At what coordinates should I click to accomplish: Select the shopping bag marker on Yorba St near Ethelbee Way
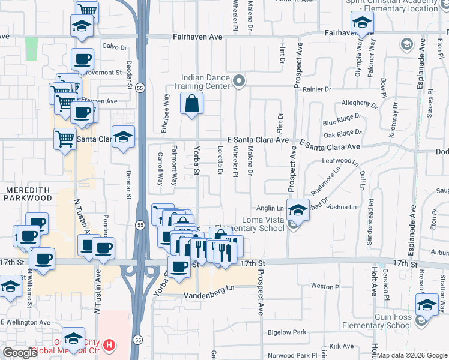pos(191,103)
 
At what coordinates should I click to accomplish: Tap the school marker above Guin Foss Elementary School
pos(427,304)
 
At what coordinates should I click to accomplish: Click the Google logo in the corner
pos(20,353)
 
